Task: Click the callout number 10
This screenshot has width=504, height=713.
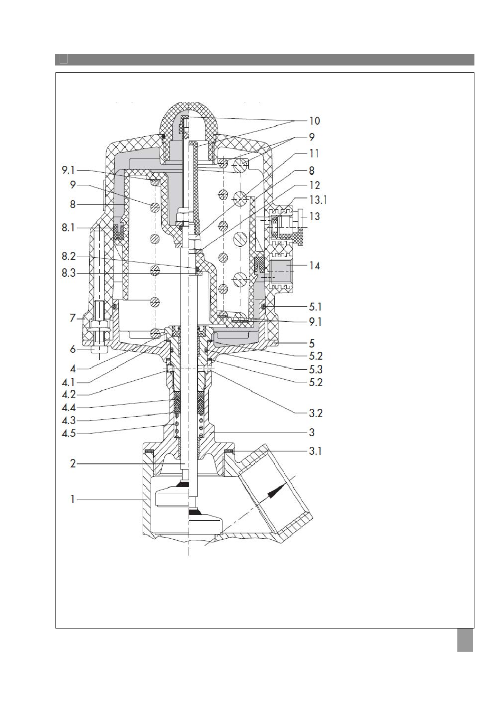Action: click(314, 121)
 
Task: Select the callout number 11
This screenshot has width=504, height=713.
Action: click(314, 153)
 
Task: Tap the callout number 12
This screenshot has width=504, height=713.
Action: click(314, 185)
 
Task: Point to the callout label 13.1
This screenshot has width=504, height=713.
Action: click(318, 200)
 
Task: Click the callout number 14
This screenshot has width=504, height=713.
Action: click(314, 266)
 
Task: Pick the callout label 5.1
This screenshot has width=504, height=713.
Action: click(315, 307)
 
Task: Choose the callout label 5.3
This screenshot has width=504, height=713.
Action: click(316, 369)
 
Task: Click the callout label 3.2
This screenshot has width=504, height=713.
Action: click(316, 414)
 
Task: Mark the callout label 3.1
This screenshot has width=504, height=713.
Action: click(315, 451)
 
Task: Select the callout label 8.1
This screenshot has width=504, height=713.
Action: click(68, 228)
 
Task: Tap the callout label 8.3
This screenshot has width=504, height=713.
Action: click(69, 273)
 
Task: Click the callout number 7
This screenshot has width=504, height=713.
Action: click(73, 318)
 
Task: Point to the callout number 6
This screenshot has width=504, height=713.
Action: click(73, 350)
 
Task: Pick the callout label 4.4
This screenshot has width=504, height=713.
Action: click(69, 407)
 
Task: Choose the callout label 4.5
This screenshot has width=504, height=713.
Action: click(69, 433)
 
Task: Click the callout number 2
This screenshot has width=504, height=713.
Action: click(73, 464)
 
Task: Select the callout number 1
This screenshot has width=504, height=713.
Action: click(72, 499)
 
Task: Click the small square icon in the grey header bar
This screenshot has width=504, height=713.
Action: click(64, 59)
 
